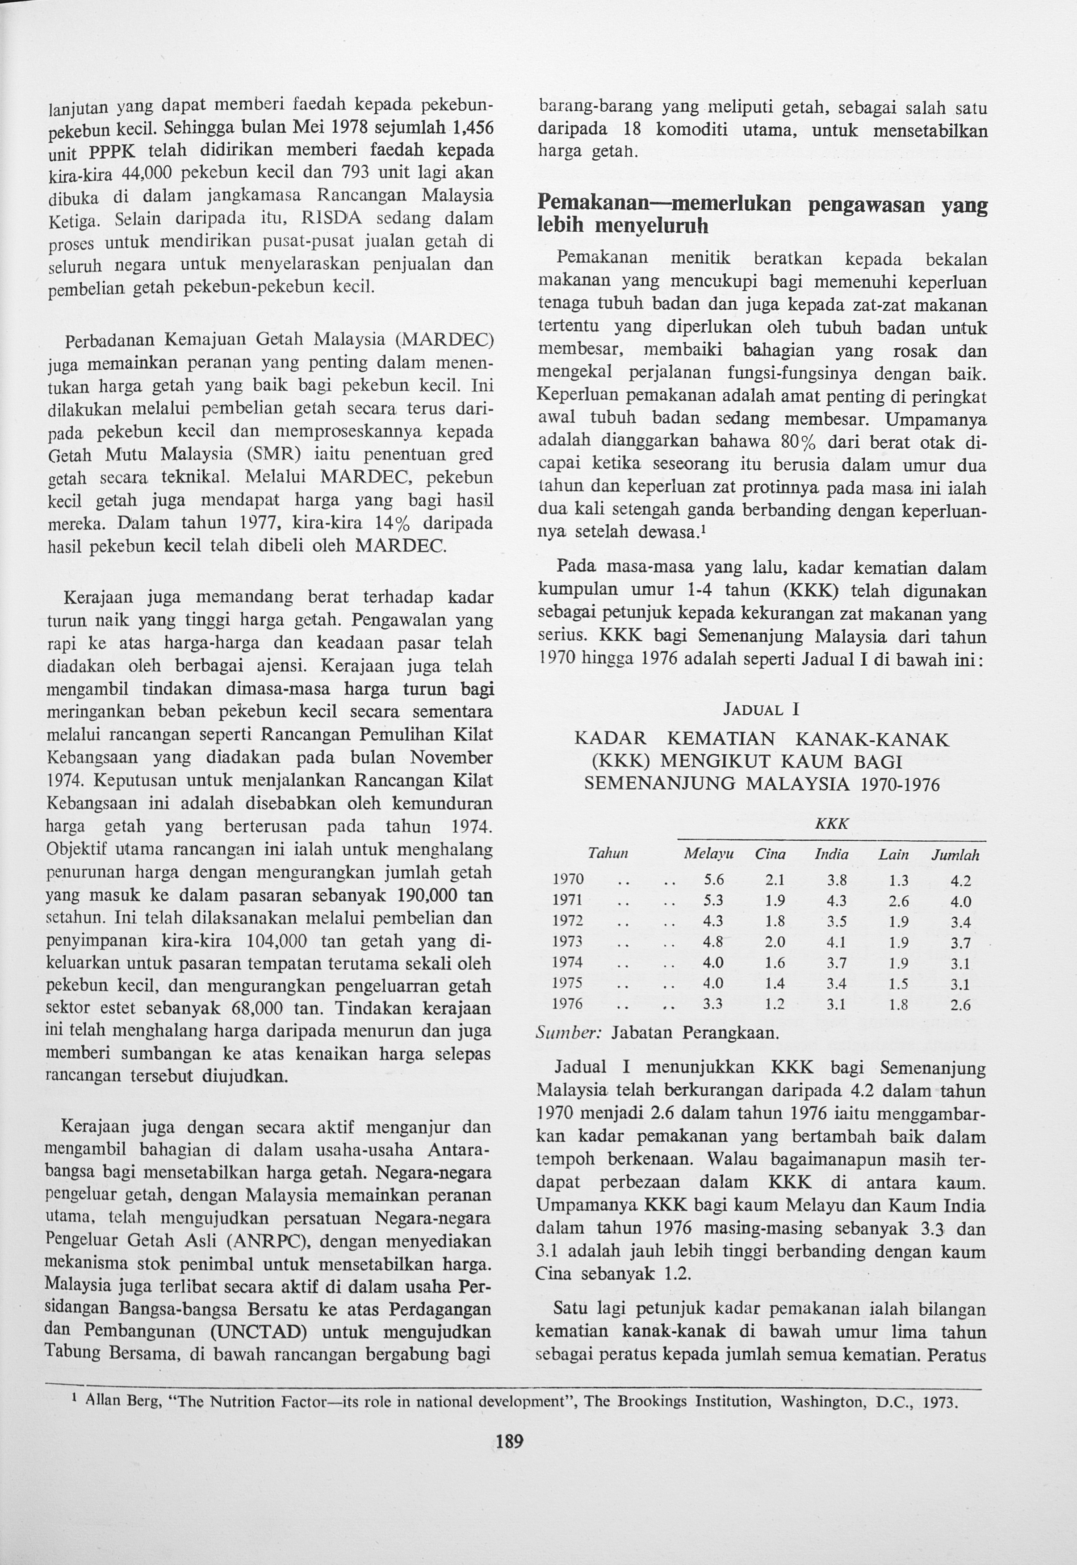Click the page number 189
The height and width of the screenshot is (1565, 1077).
(510, 1442)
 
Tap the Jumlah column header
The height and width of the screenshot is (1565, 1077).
(955, 856)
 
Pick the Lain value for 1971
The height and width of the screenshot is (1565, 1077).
(899, 901)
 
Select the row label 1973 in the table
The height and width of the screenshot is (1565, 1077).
(567, 942)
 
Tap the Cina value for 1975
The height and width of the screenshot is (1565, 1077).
(775, 984)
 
